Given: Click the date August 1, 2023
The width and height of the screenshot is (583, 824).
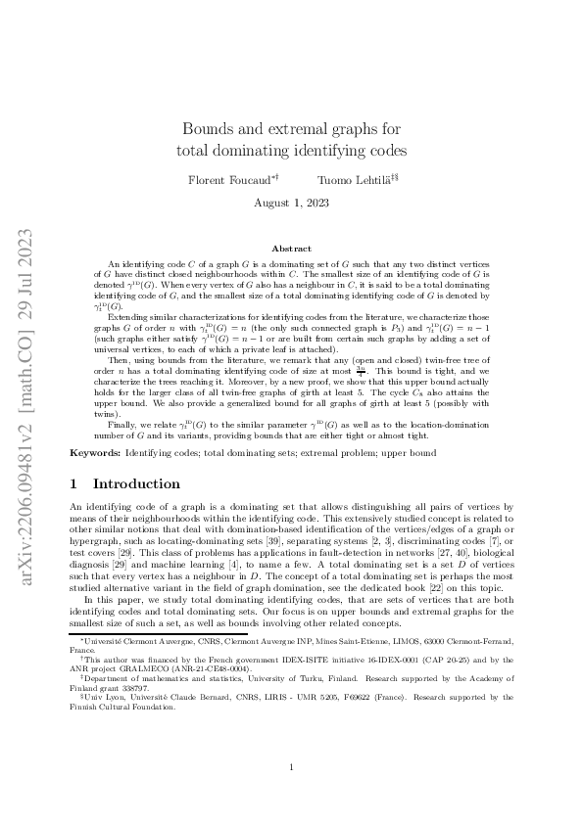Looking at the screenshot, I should pos(291,203).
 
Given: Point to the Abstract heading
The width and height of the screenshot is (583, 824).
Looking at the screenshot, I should pos(291,249).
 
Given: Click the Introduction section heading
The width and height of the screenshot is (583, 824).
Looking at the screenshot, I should pos(148,483).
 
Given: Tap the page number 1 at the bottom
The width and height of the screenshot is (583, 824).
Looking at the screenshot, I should pos(292,768).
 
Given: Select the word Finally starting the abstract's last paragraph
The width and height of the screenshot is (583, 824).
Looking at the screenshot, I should pos(121,428).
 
